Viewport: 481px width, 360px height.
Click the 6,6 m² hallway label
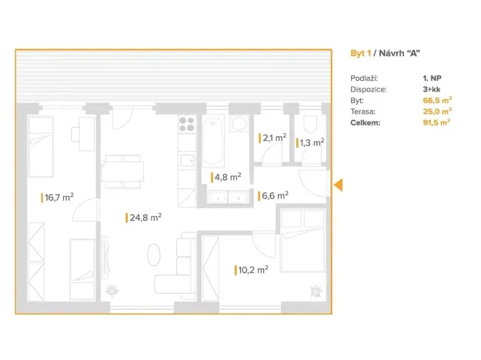click(275, 195)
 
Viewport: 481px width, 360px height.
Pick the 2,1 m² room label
click(274, 138)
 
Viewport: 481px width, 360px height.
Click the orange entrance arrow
click(338, 185)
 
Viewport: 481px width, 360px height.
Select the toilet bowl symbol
click(310, 124)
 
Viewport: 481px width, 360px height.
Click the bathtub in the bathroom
click(213, 141)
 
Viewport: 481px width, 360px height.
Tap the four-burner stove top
click(187, 124)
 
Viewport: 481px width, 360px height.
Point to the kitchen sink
click(187, 160)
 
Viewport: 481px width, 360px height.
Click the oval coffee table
click(154, 255)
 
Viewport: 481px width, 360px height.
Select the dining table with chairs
click(122, 172)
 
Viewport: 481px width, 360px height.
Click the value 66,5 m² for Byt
click(437, 100)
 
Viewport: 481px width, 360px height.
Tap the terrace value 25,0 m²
click(437, 112)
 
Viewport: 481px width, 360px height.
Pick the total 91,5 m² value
click(436, 122)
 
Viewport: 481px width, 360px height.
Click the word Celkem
click(365, 122)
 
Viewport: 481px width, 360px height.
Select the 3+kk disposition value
click(432, 89)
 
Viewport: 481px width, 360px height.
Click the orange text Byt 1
click(361, 53)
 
